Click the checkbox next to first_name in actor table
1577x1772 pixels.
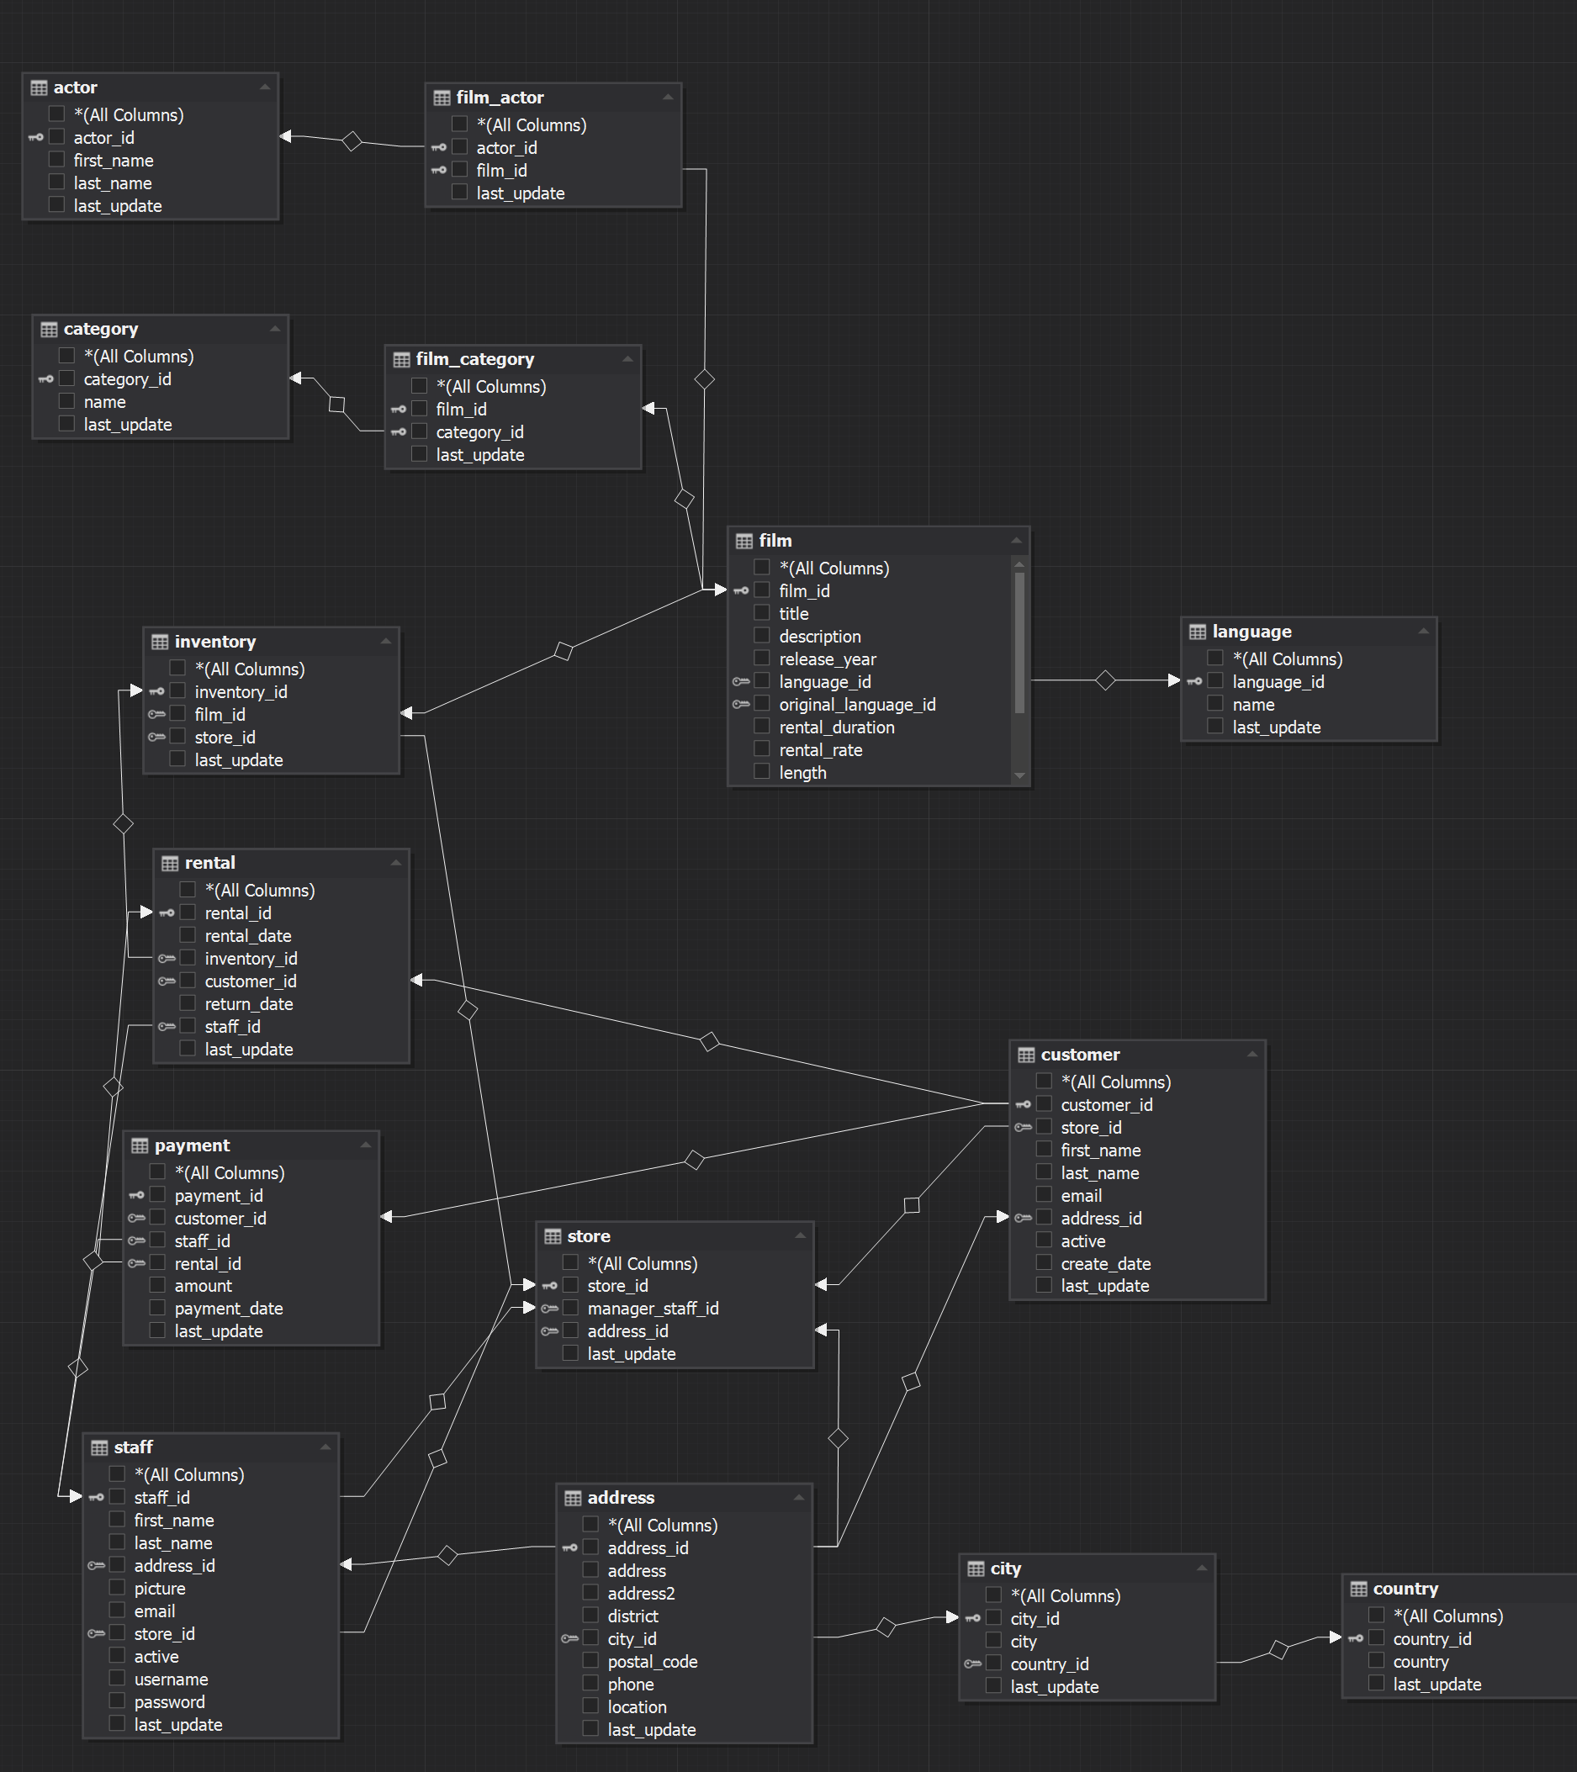[57, 160]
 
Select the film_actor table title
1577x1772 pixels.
[500, 97]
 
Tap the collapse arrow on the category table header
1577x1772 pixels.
[275, 329]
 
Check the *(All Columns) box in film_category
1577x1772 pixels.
[420, 386]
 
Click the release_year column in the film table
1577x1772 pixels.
[827, 659]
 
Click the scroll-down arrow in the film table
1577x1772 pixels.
[1019, 775]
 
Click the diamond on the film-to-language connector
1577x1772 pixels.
[1105, 680]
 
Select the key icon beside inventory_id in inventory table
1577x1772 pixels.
[157, 691]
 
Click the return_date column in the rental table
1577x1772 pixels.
[249, 1004]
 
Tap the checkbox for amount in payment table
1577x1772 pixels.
[158, 1285]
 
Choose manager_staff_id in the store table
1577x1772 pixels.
[653, 1309]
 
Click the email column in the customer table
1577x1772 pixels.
[1081, 1196]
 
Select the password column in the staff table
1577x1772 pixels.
[169, 1702]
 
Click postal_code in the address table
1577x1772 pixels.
[652, 1661]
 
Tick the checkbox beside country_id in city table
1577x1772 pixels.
[994, 1663]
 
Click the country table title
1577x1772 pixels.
[1405, 1588]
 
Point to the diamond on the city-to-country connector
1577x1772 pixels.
[1278, 1650]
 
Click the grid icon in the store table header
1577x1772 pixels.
[553, 1236]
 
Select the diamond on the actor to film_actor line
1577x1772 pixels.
[352, 140]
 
